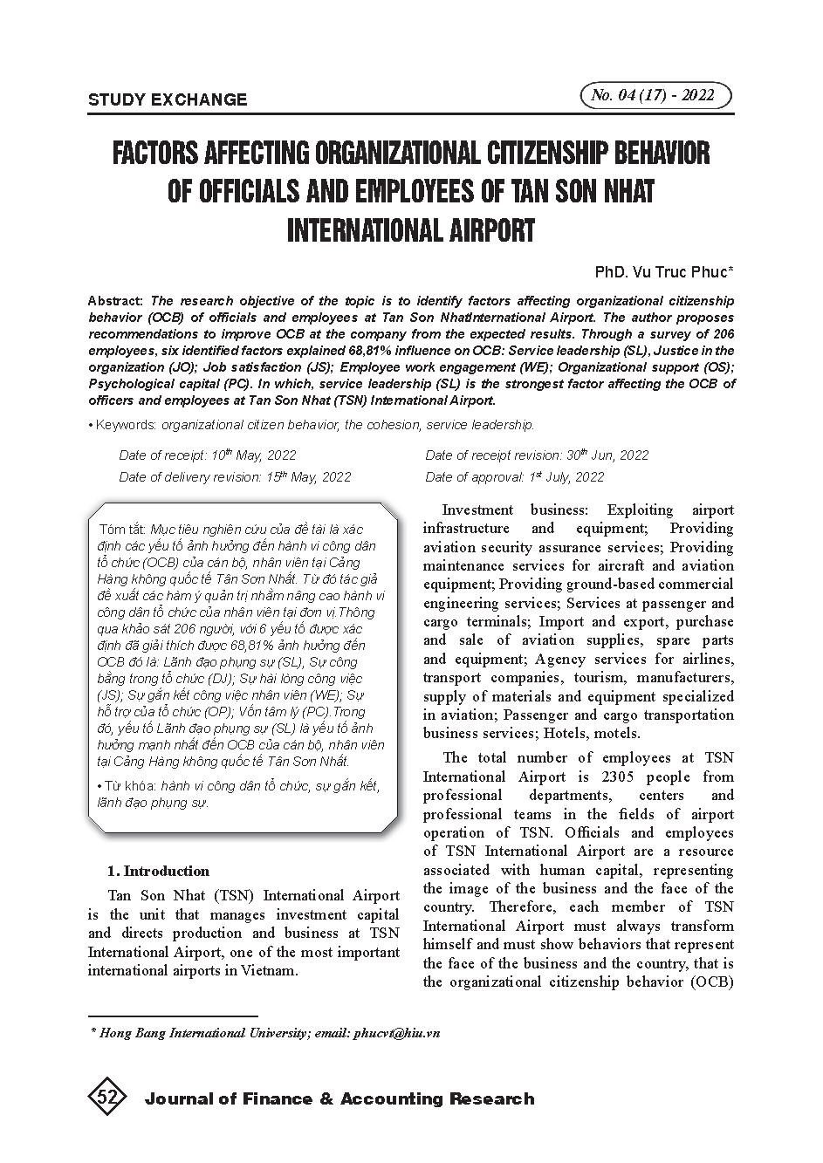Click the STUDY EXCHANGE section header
(x=168, y=99)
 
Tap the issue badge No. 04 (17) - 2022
(x=655, y=95)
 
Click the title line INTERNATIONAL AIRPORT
(x=410, y=230)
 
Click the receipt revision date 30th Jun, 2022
(x=607, y=455)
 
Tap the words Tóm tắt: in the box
(x=123, y=529)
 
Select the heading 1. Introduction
(x=158, y=871)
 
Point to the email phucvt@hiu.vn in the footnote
(x=397, y=1033)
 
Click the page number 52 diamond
(x=107, y=1098)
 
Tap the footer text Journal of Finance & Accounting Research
(x=339, y=1099)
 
